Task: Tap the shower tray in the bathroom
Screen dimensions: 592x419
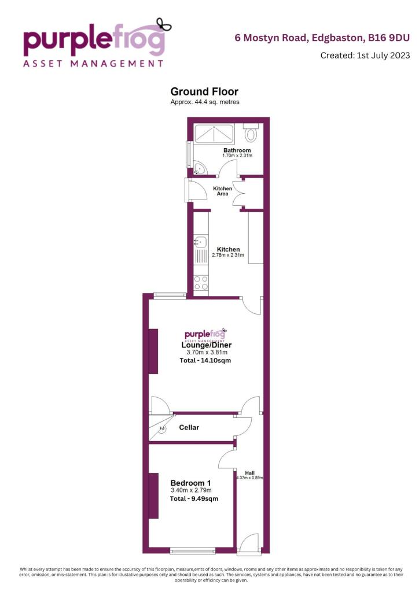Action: tap(214, 134)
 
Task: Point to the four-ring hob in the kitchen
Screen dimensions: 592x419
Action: tap(201, 282)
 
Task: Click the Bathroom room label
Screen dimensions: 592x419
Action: tap(237, 150)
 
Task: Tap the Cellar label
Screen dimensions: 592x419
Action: tap(189, 428)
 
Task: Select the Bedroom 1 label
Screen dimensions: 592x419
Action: tap(190, 483)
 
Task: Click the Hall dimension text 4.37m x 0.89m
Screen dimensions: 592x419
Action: tap(249, 478)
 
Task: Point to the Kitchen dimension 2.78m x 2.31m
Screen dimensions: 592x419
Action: tap(229, 255)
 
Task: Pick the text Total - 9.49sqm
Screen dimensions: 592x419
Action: tap(194, 498)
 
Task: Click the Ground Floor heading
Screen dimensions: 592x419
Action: tap(204, 91)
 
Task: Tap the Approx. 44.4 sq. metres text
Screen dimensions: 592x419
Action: tap(205, 102)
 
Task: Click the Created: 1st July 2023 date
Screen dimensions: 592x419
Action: tap(365, 55)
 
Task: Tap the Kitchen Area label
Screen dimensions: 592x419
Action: tap(223, 191)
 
